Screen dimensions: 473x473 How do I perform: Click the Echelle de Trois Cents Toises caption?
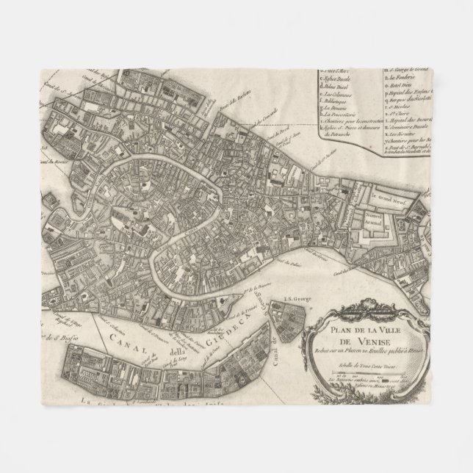[361, 364]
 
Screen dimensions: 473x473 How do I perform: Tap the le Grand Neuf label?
[389, 197]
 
